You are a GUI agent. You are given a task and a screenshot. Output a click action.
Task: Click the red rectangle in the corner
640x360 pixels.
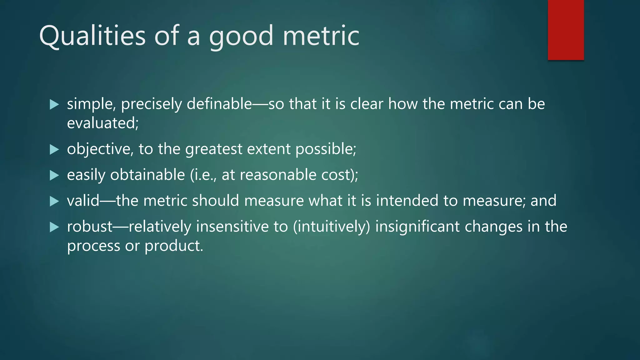tap(566, 30)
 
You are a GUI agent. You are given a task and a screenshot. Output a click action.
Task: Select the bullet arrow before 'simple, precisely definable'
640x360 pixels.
tap(54, 104)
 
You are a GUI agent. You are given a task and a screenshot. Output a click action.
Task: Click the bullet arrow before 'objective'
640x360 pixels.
tap(54, 149)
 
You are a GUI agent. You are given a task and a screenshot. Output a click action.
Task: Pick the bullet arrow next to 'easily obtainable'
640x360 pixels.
tap(54, 175)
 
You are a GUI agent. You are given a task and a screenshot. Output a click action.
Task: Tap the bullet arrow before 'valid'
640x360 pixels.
tap(54, 201)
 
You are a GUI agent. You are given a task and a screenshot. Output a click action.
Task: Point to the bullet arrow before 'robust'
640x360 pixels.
tap(54, 227)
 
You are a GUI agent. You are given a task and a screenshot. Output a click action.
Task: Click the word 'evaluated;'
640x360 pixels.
tap(103, 123)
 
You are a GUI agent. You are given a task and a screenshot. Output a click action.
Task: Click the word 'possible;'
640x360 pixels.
tap(326, 149)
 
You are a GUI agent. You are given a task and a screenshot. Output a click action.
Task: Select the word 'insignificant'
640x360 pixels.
tap(417, 227)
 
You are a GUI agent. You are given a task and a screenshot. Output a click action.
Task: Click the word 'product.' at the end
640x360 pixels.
tap(174, 246)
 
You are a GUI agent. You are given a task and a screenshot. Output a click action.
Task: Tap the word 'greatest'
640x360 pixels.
tap(213, 149)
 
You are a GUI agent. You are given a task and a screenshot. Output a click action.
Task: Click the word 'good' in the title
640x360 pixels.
tap(241, 36)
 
